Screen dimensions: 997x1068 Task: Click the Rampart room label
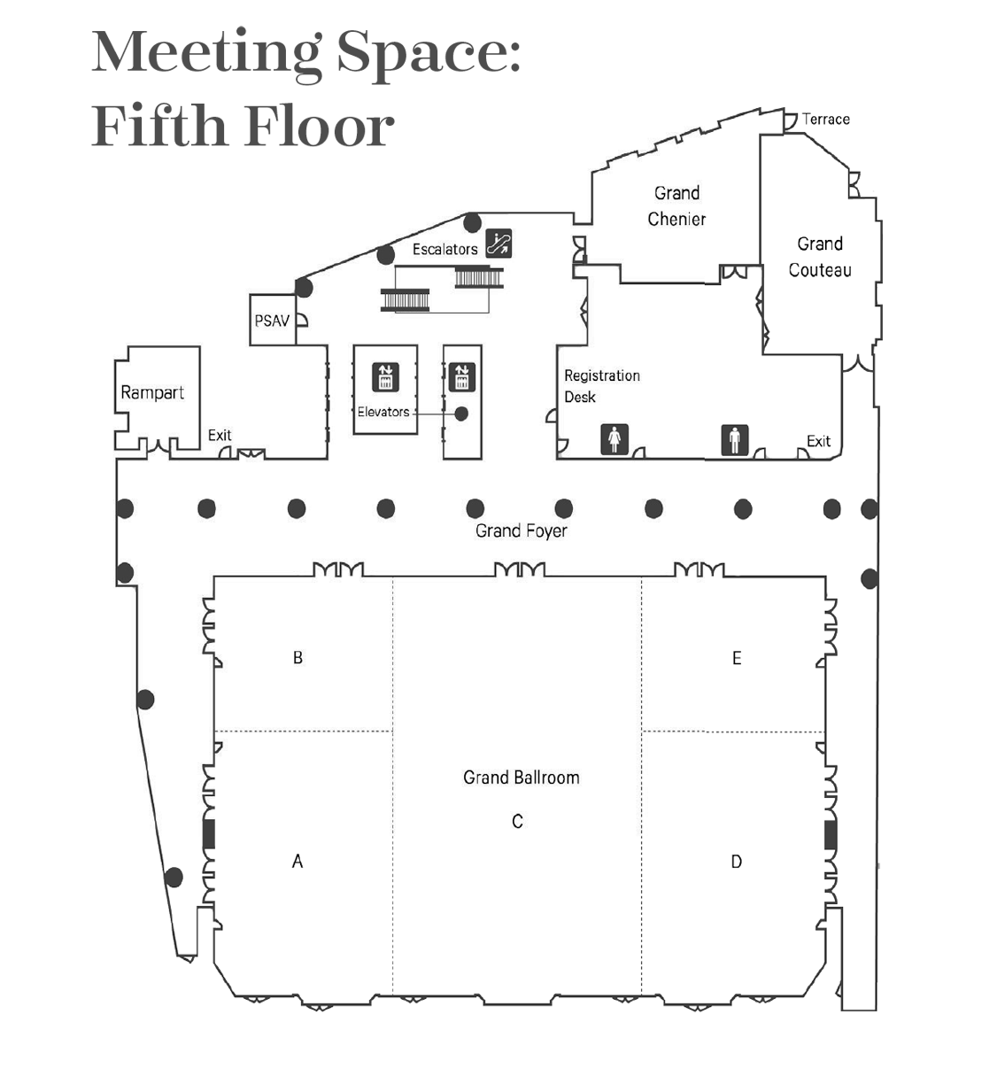[152, 392]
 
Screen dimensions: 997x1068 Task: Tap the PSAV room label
[272, 321]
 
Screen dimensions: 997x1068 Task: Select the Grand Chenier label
[676, 206]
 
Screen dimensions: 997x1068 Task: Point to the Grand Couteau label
[820, 257]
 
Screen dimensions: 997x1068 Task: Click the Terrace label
[826, 120]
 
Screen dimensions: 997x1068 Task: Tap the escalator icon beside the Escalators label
[498, 244]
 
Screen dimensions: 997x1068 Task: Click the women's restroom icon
[614, 439]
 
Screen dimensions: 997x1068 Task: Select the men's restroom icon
[735, 440]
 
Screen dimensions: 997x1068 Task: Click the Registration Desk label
[602, 386]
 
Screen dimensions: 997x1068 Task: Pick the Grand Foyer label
[522, 531]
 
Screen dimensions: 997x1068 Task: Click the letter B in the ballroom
[298, 658]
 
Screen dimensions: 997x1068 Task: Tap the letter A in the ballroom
[298, 862]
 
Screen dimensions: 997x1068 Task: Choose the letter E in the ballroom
[737, 658]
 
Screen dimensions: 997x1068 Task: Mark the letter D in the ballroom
[736, 862]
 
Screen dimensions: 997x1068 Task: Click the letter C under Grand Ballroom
[517, 821]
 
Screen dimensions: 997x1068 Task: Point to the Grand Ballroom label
[522, 778]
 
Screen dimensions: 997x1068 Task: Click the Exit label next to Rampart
[220, 435]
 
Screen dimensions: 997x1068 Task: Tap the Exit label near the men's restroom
[818, 442]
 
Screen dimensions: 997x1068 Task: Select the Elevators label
[383, 412]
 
